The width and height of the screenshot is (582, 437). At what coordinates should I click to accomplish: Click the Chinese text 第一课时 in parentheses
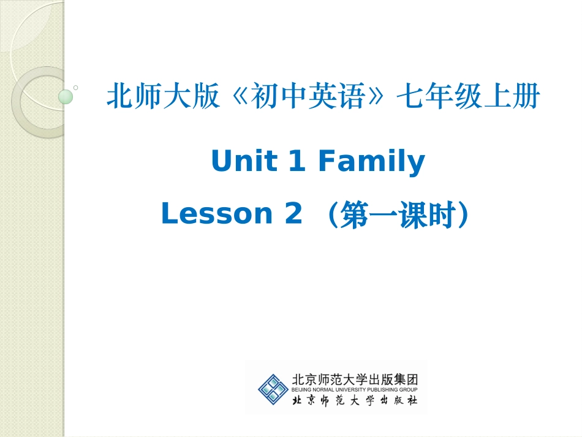pyautogui.click(x=398, y=215)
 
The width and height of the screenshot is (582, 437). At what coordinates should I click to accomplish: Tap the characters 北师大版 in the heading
pyautogui.click(x=163, y=97)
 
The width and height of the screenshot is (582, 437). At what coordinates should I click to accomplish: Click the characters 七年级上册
pyautogui.click(x=468, y=97)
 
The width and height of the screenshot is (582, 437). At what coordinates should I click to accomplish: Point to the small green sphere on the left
pyautogui.click(x=65, y=96)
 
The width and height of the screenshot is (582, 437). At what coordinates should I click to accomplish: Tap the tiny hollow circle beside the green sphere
pyautogui.click(x=75, y=88)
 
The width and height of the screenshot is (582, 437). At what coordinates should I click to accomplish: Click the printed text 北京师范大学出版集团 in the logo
pyautogui.click(x=355, y=379)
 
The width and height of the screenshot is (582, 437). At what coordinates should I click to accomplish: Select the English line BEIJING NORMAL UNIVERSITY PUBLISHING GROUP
pyautogui.click(x=355, y=390)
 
